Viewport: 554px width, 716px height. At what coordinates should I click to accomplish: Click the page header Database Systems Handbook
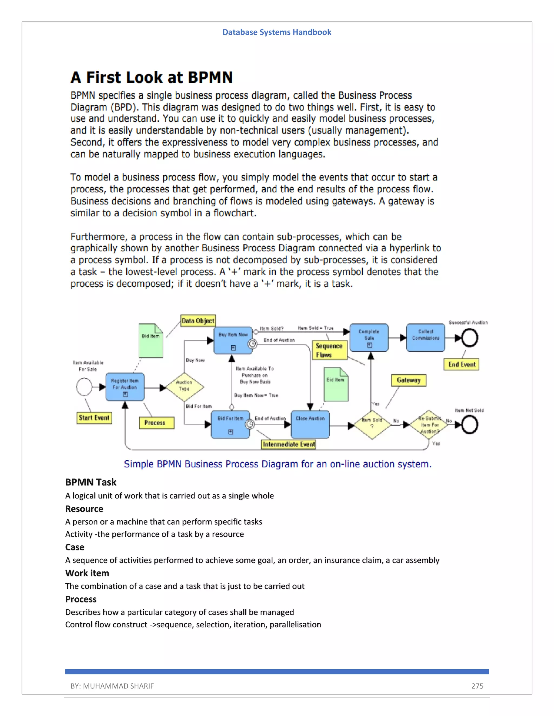coord(277,32)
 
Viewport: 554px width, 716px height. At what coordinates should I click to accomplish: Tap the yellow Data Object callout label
coord(198,321)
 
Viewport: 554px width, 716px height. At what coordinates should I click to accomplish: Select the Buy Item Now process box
coord(233,340)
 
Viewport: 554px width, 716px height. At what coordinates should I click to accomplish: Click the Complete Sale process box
coord(369,338)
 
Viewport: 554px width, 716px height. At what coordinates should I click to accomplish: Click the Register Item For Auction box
coord(125,387)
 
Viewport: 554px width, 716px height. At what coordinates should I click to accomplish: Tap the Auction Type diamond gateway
coord(184,387)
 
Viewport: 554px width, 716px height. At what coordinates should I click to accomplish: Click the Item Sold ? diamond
coord(372,424)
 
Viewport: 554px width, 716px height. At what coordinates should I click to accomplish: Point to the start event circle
coord(84,387)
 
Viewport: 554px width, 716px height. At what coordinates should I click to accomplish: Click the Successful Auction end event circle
coord(469,338)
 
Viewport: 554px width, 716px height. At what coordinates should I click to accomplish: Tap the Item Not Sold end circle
coord(469,424)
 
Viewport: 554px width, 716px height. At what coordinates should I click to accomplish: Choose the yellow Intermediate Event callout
coord(288,444)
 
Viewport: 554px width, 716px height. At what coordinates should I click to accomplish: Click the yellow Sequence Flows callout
coord(329,350)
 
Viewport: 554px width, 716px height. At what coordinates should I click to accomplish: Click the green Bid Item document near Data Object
coord(151,341)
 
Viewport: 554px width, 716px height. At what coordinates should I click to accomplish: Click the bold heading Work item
coord(87,573)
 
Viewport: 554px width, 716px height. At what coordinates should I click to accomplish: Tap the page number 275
coord(477,686)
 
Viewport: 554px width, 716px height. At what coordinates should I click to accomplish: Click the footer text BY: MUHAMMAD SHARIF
coord(112,686)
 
